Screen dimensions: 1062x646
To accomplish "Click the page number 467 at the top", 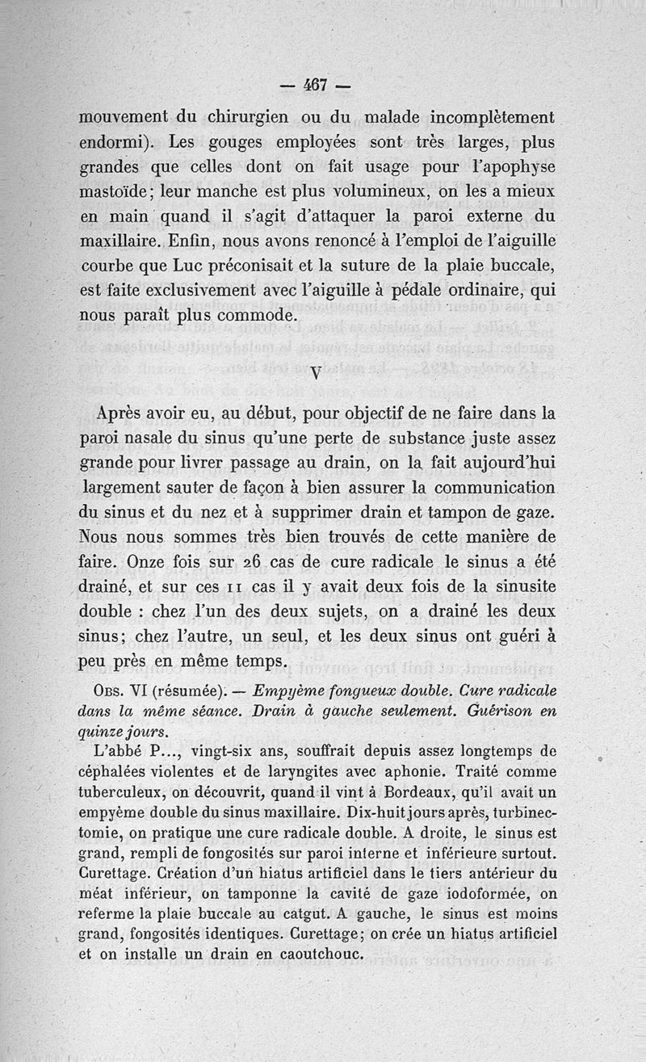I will point(314,84).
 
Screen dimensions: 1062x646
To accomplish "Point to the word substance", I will point(411,439).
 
